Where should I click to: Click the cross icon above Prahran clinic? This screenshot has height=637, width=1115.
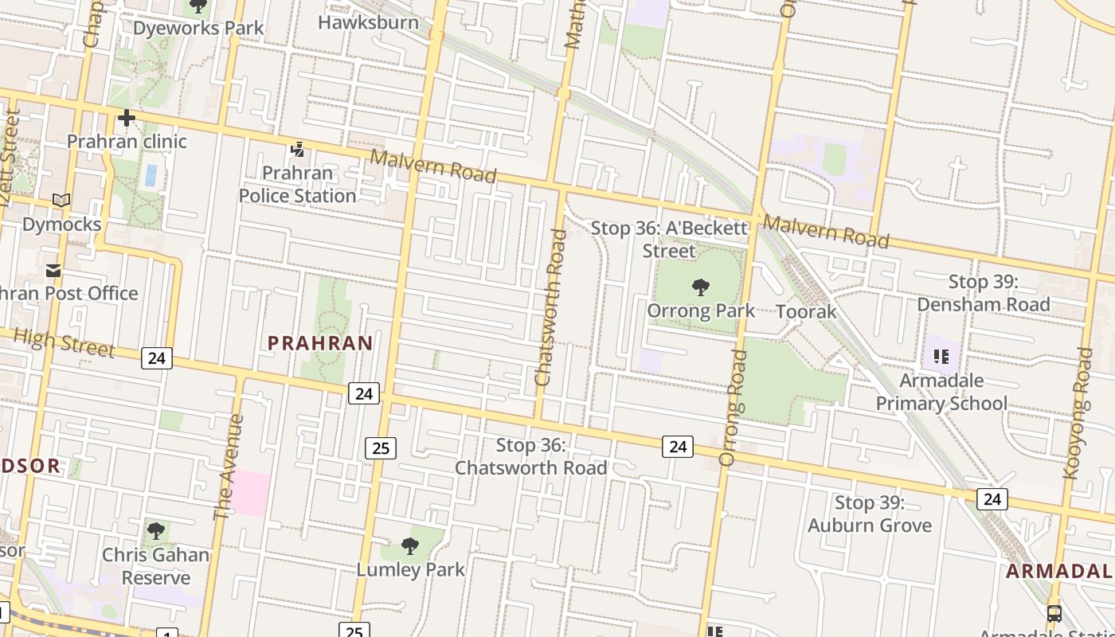(126, 119)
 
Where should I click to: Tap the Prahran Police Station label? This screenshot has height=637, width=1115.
(298, 184)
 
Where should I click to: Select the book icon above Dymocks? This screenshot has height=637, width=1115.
(61, 200)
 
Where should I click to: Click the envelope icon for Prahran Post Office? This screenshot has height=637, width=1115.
(53, 271)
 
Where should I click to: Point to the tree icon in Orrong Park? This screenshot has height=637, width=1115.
(701, 287)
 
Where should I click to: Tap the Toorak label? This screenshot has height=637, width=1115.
(806, 311)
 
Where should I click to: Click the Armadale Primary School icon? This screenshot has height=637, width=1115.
(941, 356)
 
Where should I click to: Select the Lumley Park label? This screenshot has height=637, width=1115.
(410, 569)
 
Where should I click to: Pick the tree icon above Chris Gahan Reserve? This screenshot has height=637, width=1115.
(156, 530)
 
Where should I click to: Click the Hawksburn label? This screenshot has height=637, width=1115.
(368, 22)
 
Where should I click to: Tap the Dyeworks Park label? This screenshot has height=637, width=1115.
(198, 28)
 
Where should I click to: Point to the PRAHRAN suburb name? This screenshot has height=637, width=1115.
(320, 343)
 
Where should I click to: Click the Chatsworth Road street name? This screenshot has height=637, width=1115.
(551, 307)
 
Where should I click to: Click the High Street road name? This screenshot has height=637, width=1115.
(65, 343)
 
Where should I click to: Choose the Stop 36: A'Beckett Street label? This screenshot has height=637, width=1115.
(669, 240)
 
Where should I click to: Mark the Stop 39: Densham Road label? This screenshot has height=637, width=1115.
(983, 293)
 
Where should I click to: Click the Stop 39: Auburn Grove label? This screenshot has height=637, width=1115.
(869, 514)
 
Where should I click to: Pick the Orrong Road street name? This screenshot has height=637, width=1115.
(734, 408)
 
